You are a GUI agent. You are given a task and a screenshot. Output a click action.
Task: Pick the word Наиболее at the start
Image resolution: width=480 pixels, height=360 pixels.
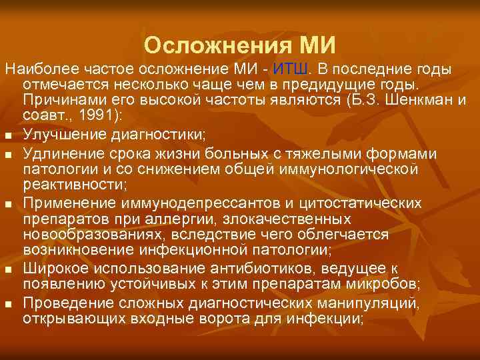(33, 70)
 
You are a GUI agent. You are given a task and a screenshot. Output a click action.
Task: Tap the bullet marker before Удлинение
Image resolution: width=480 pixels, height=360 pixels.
(9, 155)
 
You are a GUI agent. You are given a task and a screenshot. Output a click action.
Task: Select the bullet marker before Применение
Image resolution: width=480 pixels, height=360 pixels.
(9, 202)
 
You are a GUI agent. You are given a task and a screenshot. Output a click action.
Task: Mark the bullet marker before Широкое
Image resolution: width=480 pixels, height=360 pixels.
(9, 268)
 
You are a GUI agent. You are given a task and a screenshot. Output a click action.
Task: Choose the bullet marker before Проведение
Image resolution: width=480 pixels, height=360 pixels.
(9, 304)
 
